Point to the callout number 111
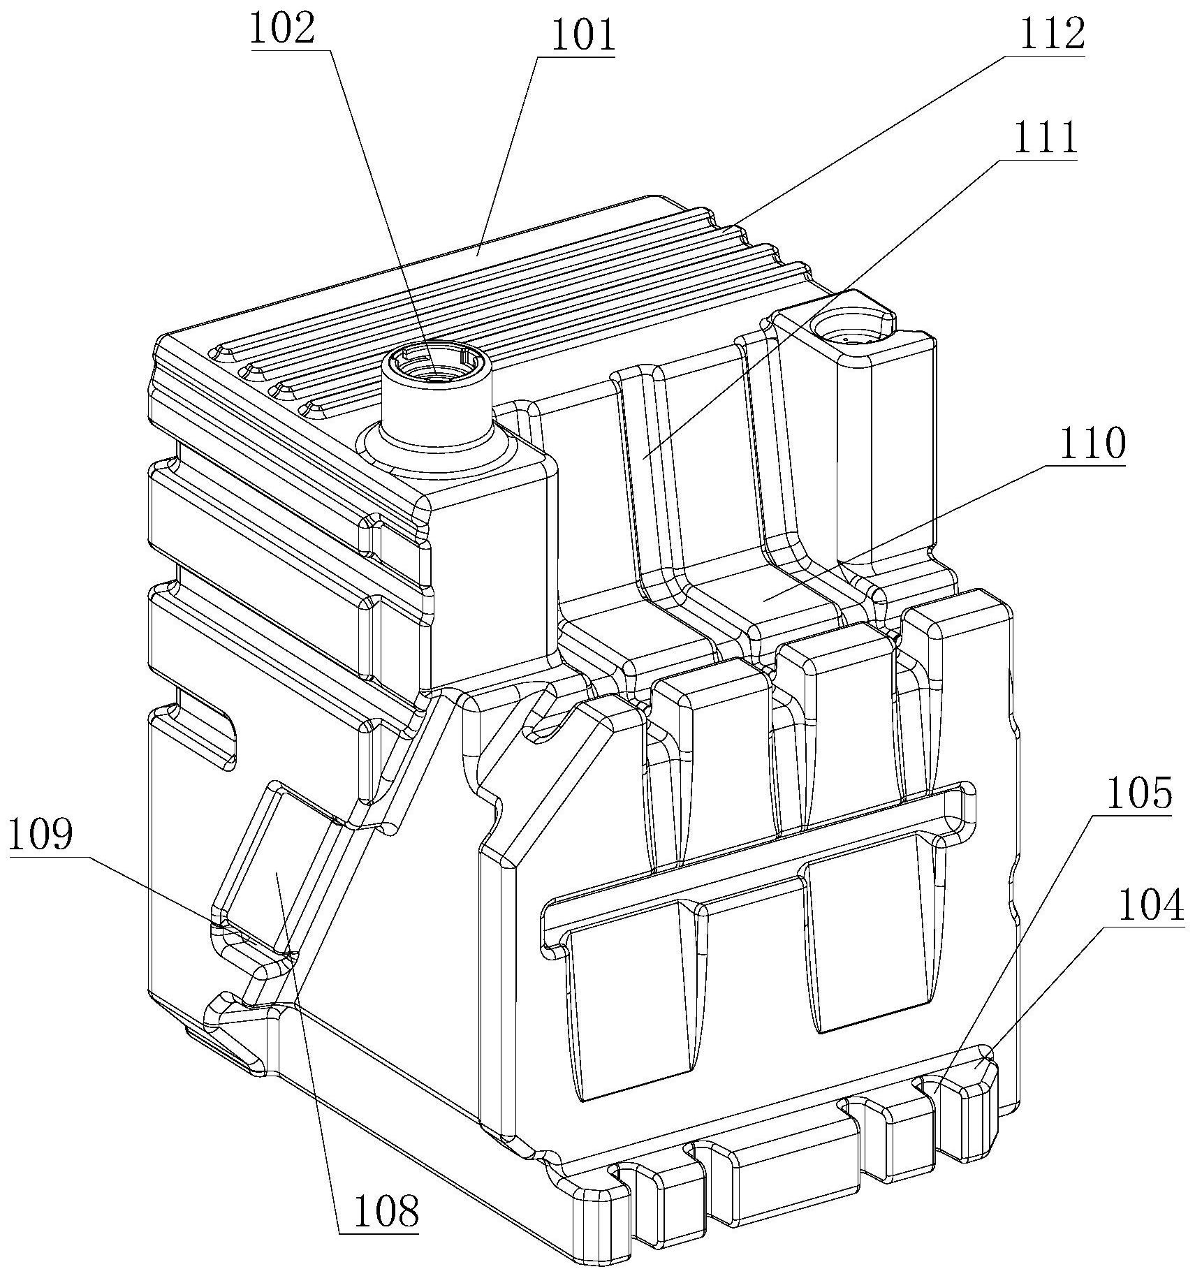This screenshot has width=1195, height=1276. pos(1045,138)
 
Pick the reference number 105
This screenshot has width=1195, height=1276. pos(1138,795)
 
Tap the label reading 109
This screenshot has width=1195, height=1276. pos(41,834)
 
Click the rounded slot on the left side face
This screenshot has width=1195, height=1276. pos(199,740)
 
